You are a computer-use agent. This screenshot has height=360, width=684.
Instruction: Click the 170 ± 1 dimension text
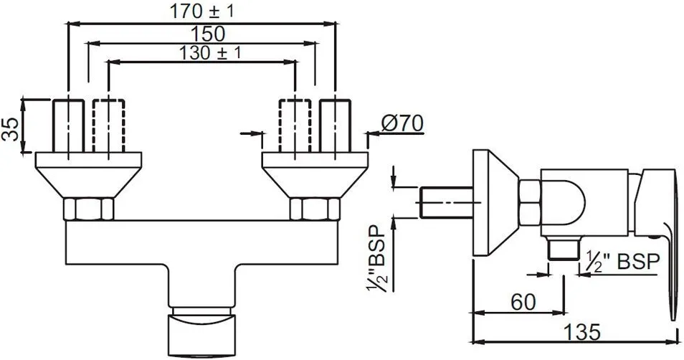coord(201,11)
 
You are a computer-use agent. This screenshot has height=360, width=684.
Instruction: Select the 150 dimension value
coord(208,34)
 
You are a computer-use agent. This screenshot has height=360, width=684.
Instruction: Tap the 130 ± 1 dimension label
coord(210,53)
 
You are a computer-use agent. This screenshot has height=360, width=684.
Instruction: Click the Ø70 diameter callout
coord(402,124)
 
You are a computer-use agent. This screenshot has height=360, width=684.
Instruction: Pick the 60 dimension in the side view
coord(523,302)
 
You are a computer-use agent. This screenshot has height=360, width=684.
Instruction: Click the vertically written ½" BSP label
coord(376,259)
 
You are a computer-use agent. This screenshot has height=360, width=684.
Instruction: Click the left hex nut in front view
coord(89,209)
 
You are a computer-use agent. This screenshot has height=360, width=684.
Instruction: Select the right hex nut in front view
coord(315,209)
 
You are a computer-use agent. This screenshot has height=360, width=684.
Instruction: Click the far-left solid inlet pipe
coord(69,125)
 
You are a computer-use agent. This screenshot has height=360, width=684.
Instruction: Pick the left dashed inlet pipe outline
coord(108,125)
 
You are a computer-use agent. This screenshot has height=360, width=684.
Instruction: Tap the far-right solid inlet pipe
coord(335,125)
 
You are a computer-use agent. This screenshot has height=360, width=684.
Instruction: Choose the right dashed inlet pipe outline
coord(295,125)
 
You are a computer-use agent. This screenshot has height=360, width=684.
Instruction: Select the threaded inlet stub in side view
coord(447,202)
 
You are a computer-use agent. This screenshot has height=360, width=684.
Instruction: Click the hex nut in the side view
coord(530,202)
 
